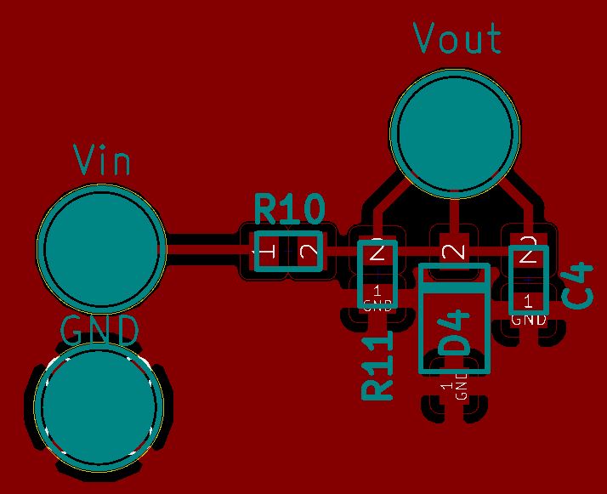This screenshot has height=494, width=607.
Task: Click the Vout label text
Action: coord(457,39)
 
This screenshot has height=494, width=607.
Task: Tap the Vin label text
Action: coord(102,161)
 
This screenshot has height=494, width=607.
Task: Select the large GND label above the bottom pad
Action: coord(100,331)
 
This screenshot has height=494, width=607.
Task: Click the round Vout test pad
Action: coord(454,133)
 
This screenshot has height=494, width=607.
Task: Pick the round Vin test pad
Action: coord(102,250)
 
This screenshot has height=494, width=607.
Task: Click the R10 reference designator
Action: coord(290,208)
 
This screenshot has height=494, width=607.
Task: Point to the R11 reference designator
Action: coord(377,366)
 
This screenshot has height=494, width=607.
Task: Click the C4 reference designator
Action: coord(579,286)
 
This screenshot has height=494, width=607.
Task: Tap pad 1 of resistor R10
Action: coord(267,252)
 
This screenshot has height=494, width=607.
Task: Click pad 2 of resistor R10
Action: coord(308,252)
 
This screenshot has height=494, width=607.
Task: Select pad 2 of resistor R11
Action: coord(377,251)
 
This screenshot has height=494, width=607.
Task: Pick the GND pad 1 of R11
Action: coord(377,297)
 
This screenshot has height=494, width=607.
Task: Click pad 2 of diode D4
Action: coord(455,251)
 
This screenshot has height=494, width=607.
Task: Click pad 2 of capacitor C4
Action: coord(529,252)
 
